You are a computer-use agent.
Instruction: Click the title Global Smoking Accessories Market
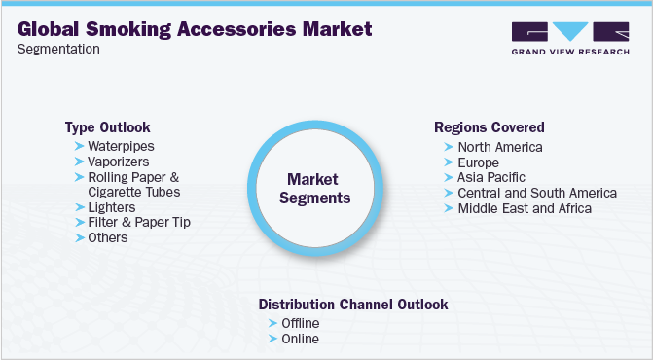click(x=195, y=29)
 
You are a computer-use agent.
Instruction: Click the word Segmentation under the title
click(x=58, y=50)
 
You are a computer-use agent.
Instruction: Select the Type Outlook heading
click(x=107, y=127)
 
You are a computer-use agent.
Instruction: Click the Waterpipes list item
click(x=121, y=146)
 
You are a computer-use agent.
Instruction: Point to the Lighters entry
click(x=112, y=207)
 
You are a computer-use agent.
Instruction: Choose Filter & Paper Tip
click(x=139, y=222)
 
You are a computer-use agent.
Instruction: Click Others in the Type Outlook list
click(x=108, y=237)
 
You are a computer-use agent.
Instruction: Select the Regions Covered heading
click(x=489, y=127)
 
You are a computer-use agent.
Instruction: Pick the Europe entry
click(x=478, y=162)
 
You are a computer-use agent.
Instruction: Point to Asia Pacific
click(x=491, y=177)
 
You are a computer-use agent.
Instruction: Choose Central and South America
click(x=537, y=193)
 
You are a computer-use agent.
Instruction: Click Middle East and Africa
click(x=525, y=208)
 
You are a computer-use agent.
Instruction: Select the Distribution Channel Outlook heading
click(x=353, y=305)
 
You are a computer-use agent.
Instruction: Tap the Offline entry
click(x=300, y=323)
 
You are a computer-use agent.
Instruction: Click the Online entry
click(x=299, y=339)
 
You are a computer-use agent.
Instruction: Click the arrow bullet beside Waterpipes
click(x=79, y=146)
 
